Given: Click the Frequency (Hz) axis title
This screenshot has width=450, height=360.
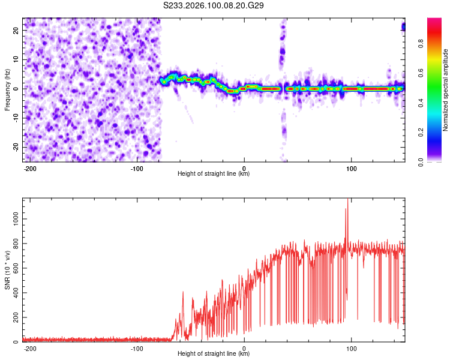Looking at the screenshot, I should (x=7, y=89).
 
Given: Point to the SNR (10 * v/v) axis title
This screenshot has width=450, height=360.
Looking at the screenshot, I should (x=7, y=270).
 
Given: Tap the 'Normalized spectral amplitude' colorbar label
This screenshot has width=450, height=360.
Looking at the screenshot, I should (x=446, y=90).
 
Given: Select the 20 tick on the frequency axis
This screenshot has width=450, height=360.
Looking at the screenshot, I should (x=16, y=30).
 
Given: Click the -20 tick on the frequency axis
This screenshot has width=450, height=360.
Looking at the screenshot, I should (x=15, y=147).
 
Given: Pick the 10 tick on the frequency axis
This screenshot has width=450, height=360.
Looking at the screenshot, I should (x=16, y=59).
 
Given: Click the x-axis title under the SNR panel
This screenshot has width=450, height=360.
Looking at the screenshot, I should (x=214, y=354).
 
